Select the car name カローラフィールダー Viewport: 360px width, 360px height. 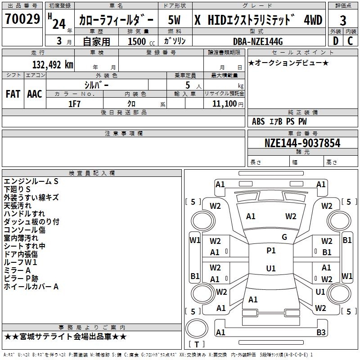[116, 20]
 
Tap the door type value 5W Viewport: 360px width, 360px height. [175, 20]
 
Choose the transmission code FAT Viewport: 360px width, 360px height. [13, 94]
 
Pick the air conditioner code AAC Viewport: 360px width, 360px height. [35, 94]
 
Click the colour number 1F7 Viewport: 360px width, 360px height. [74, 103]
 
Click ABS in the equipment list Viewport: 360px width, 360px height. [258, 121]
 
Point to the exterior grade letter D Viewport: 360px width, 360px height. [335, 41]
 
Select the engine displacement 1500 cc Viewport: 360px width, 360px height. [137, 41]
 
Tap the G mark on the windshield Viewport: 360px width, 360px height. [284, 237]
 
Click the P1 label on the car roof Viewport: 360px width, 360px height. [271, 251]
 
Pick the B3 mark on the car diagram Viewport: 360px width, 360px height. [321, 333]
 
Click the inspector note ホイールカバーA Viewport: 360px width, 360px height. [31, 286]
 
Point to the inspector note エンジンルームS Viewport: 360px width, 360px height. [31, 181]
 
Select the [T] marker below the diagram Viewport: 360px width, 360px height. [196, 344]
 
